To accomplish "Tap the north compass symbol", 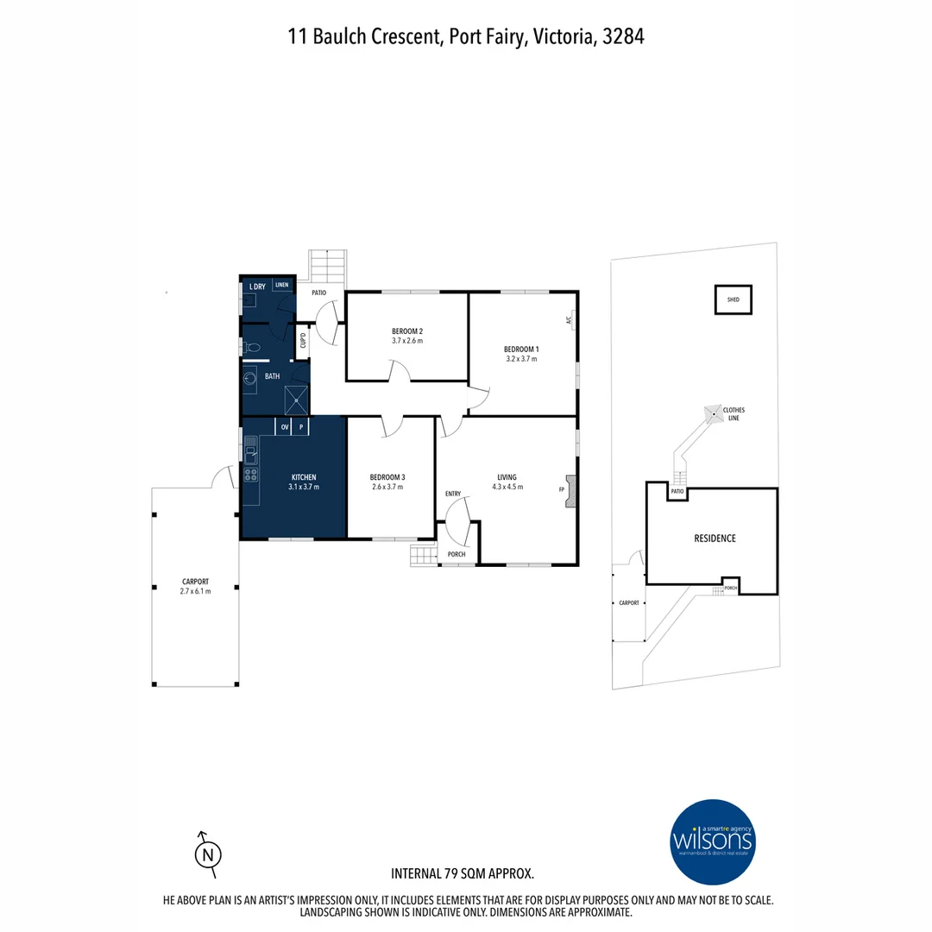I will point(206,854).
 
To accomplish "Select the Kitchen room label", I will point(303,477).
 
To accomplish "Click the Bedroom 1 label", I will point(520,349).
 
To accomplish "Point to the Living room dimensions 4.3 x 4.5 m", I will point(507,487).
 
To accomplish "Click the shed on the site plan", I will point(733,299).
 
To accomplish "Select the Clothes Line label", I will point(734,413).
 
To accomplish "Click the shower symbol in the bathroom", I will point(296,399).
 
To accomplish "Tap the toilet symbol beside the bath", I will point(251,348).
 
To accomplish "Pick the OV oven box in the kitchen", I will point(284,426).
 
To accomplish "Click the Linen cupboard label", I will point(282,285).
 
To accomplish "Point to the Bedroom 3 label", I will point(387,477).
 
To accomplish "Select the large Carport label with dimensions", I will point(196,586).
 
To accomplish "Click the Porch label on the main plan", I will point(457,554).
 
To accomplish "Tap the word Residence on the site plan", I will point(715,538).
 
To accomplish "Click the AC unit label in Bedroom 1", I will point(569,320).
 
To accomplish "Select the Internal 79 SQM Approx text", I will point(463,873).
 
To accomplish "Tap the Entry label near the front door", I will point(453,494).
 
